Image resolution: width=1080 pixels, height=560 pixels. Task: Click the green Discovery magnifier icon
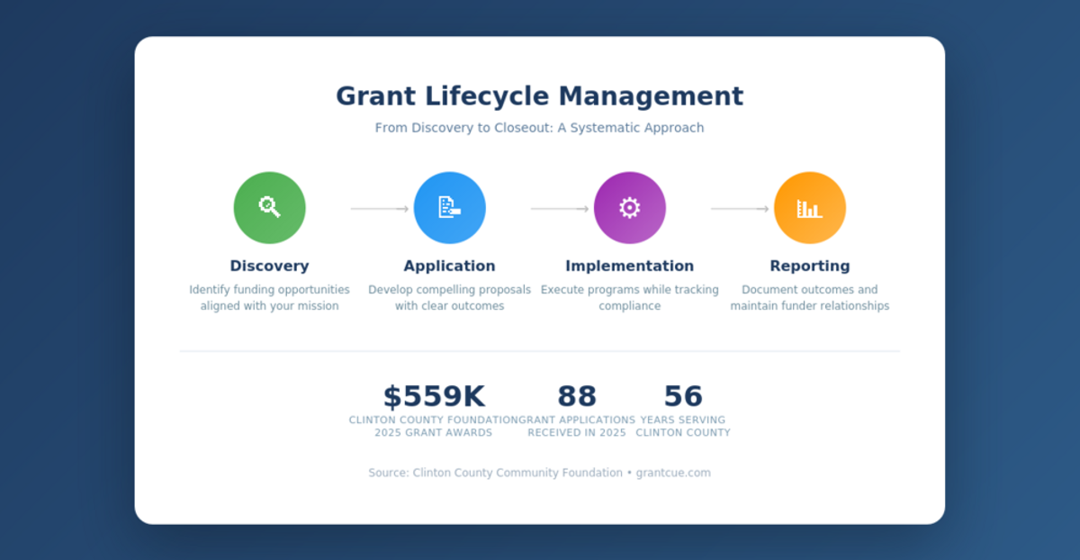(269, 207)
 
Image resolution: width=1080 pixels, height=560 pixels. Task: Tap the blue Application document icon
(449, 207)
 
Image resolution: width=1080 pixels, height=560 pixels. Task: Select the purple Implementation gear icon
(629, 207)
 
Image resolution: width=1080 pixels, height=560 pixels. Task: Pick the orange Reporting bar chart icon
(809, 208)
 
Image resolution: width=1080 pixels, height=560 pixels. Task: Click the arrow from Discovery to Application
(379, 209)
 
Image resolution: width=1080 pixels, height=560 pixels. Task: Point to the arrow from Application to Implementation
(559, 209)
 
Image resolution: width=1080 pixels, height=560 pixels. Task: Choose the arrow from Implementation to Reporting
(739, 209)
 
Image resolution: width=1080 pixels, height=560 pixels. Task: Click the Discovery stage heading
(269, 266)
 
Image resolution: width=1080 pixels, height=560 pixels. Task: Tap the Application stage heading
(449, 266)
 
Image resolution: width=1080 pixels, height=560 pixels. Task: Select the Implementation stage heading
(629, 266)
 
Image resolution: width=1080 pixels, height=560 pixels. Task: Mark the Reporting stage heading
(809, 266)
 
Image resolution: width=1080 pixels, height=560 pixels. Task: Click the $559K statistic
(434, 396)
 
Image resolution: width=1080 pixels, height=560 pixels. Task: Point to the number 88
(577, 396)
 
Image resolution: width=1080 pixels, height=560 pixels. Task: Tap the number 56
(683, 396)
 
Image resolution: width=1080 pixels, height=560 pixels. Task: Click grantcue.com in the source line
(673, 473)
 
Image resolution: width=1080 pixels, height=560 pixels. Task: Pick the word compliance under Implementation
(629, 306)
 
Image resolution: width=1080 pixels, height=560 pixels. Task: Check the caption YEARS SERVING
(682, 420)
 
